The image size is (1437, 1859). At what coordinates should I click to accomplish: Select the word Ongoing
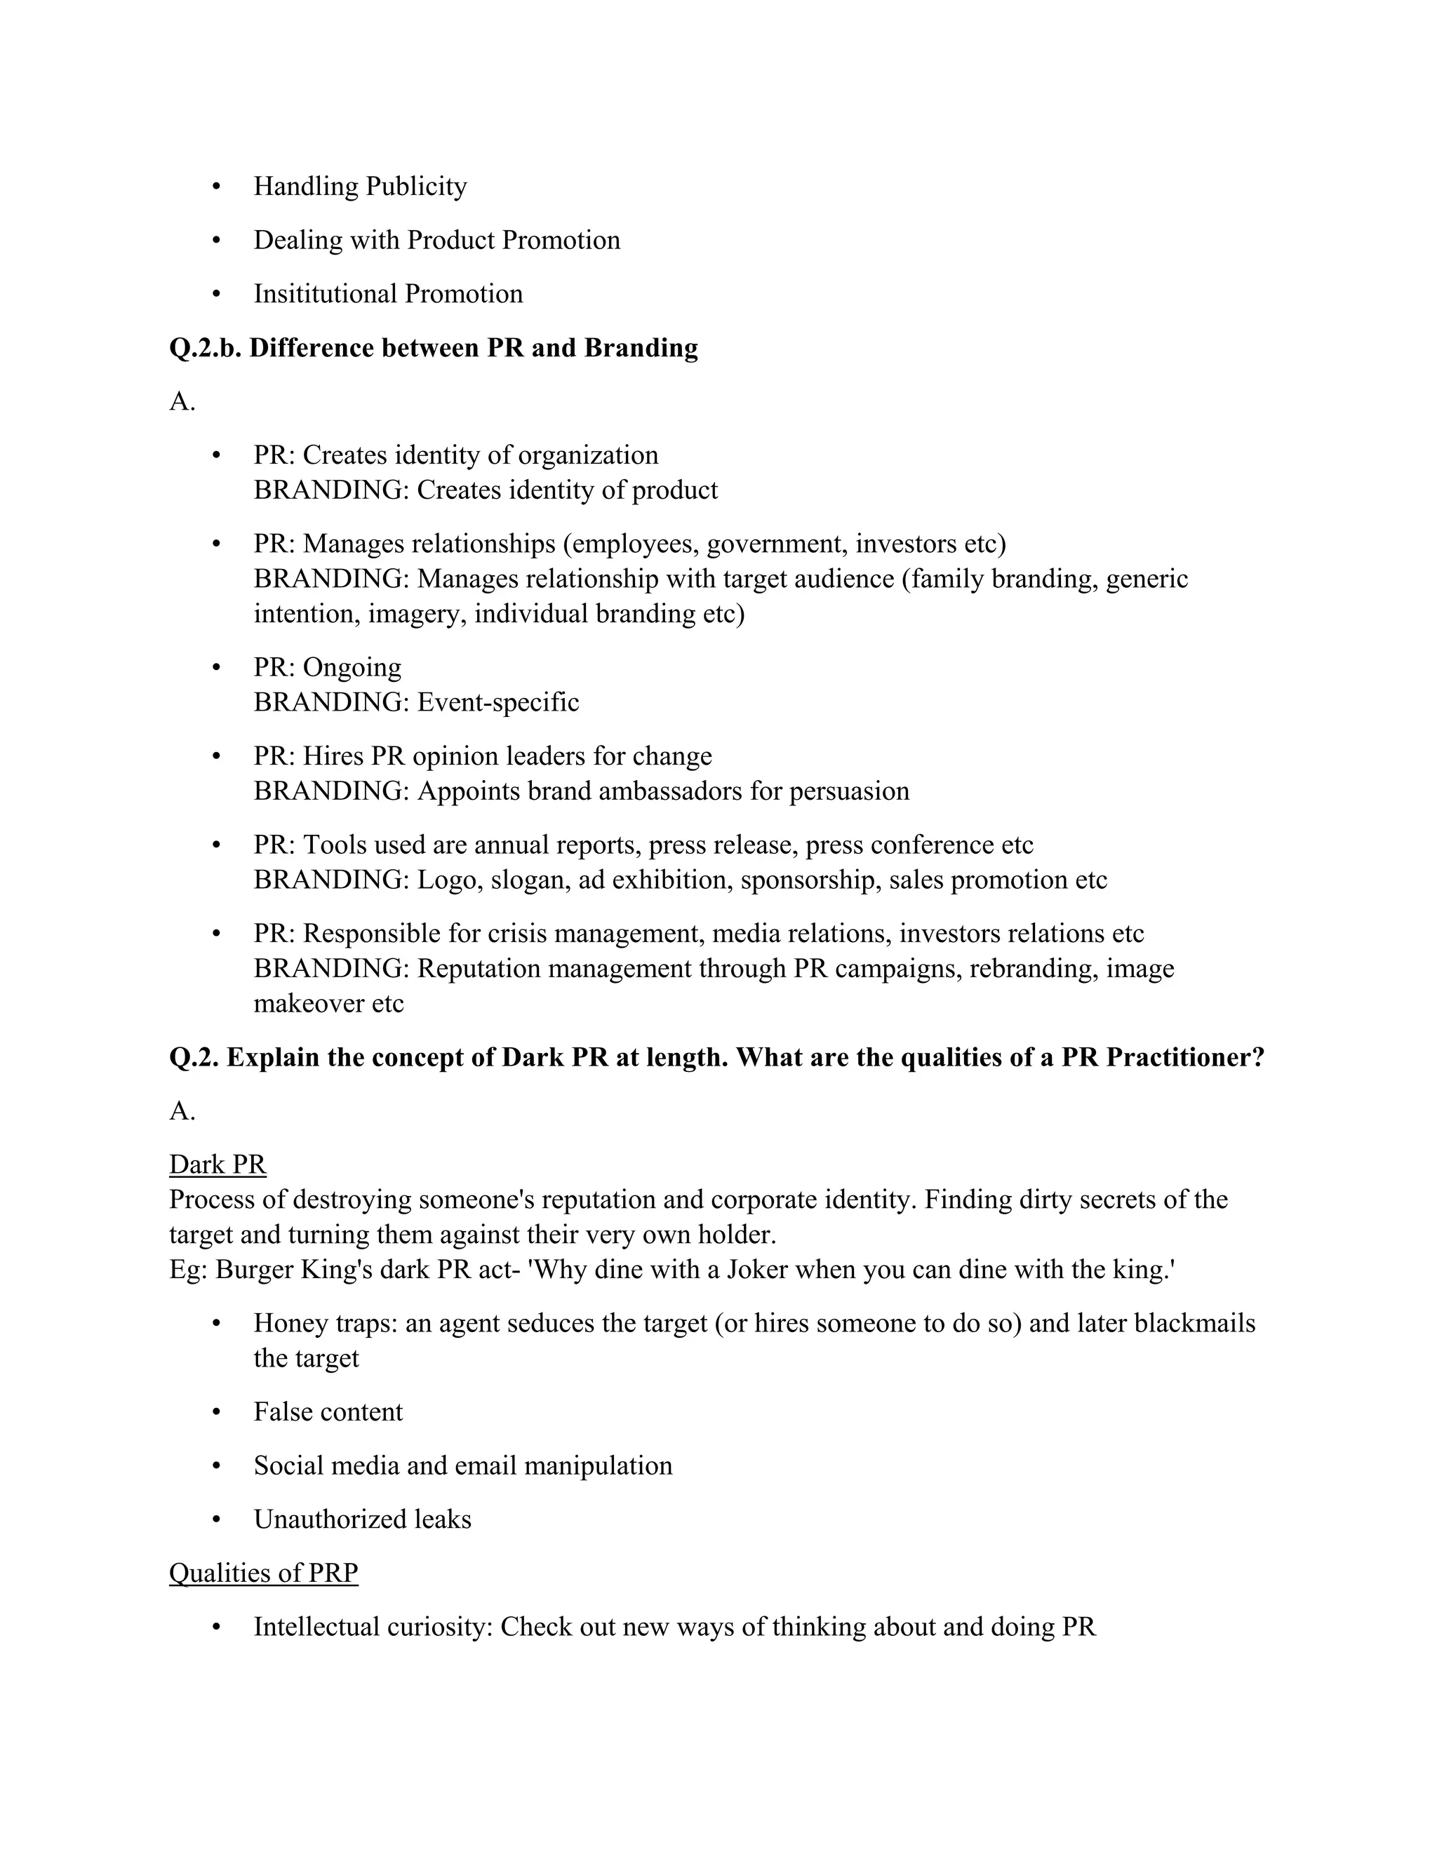pos(352,668)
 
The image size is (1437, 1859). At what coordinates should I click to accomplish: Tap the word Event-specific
pos(498,702)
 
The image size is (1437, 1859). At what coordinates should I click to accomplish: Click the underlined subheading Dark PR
pos(218,1165)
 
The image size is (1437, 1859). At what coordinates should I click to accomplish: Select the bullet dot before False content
pos(216,1412)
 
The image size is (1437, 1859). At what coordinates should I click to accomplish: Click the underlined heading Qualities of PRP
pos(264,1573)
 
